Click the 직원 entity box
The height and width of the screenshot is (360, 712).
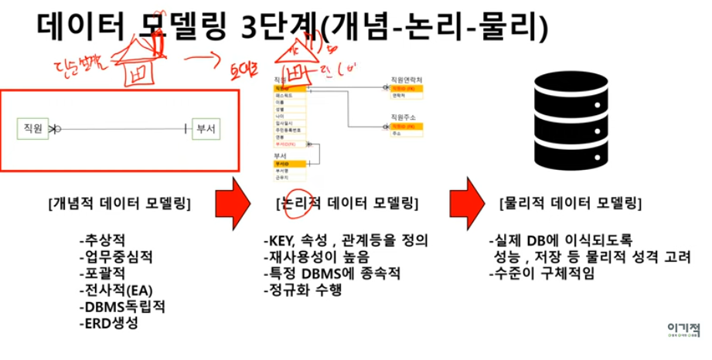32,129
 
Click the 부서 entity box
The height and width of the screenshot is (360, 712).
206,129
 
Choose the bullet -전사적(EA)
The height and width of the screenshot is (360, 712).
116,290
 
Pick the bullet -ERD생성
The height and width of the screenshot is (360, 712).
108,324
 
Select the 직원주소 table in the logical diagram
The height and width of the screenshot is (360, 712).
404,125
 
